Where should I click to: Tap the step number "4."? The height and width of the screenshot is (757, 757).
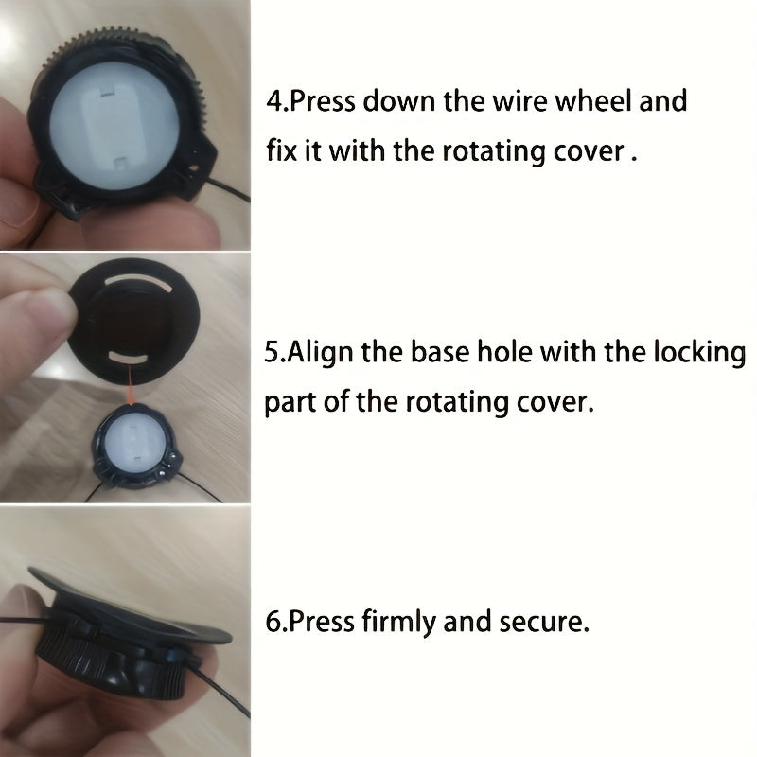277,101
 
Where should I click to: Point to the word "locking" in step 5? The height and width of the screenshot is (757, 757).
699,353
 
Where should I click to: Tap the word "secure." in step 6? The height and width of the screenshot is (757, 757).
545,622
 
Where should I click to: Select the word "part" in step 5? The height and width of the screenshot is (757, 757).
290,402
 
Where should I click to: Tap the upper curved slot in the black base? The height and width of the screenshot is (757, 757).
137,281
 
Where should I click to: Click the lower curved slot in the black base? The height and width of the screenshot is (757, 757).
128,358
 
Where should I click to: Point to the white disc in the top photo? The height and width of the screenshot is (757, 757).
114,126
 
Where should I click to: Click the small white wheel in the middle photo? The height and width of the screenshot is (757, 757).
134,444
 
